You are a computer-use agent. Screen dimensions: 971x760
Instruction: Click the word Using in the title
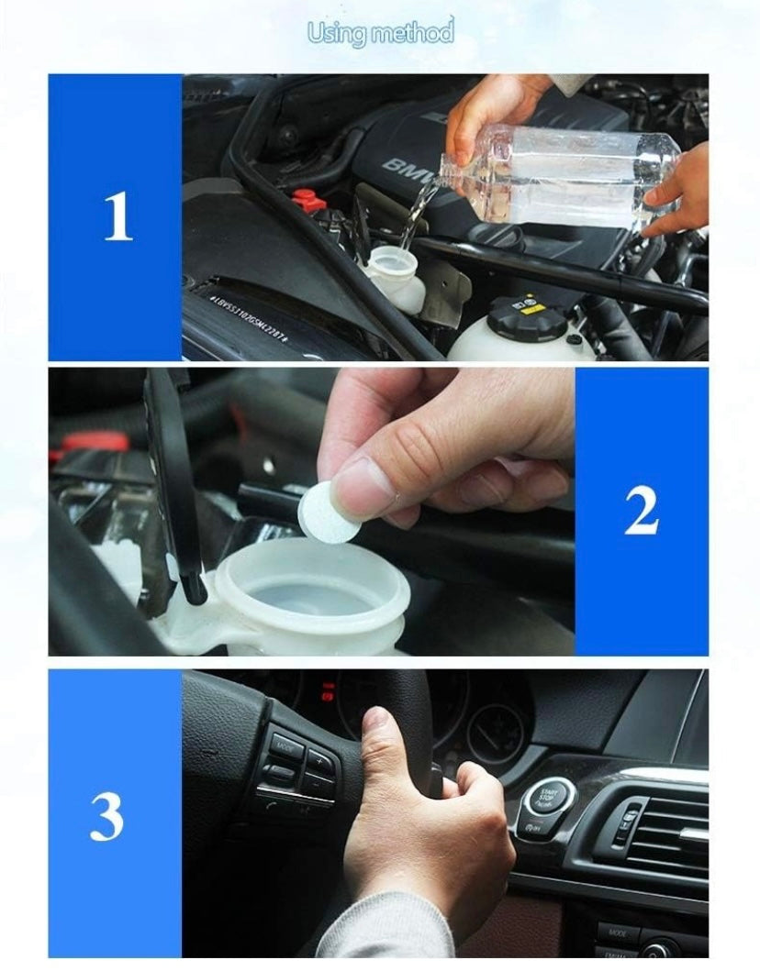(334, 34)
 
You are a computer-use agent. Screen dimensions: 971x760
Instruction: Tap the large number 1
(117, 218)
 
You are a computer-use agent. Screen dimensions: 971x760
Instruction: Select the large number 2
(642, 512)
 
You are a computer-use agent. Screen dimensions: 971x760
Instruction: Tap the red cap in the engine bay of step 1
(306, 197)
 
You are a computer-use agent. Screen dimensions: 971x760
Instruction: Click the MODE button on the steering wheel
(285, 745)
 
